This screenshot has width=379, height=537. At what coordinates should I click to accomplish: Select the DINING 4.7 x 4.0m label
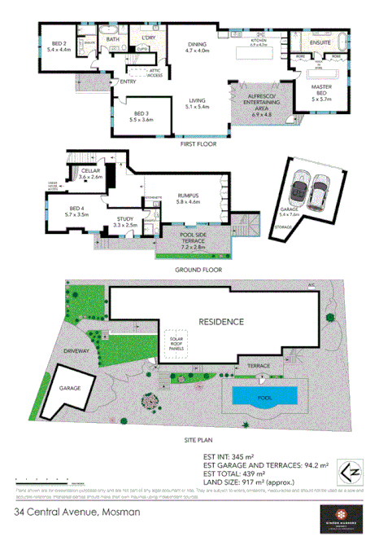click(x=198, y=46)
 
